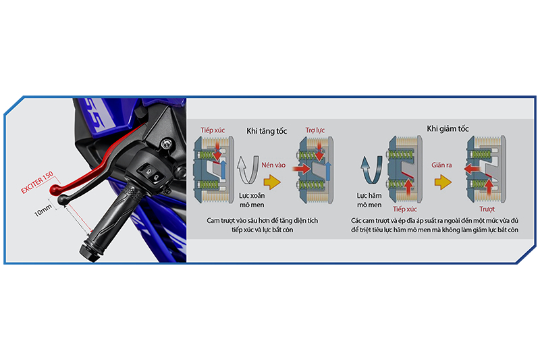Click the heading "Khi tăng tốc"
[267, 131]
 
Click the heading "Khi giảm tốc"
[448, 129]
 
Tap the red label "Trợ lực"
[315, 130]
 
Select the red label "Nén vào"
[273, 165]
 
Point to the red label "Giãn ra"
[441, 165]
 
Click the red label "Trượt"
[487, 209]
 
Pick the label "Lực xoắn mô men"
[252, 200]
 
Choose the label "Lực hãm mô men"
[369, 200]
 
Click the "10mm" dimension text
[43, 210]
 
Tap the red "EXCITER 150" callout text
[37, 182]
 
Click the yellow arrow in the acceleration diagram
[272, 182]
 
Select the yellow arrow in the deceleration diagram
[443, 182]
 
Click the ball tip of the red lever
[55, 189]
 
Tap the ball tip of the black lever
[62, 199]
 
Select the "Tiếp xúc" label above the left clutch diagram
[213, 130]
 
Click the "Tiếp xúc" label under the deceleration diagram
[404, 209]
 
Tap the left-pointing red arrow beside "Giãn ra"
[472, 169]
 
